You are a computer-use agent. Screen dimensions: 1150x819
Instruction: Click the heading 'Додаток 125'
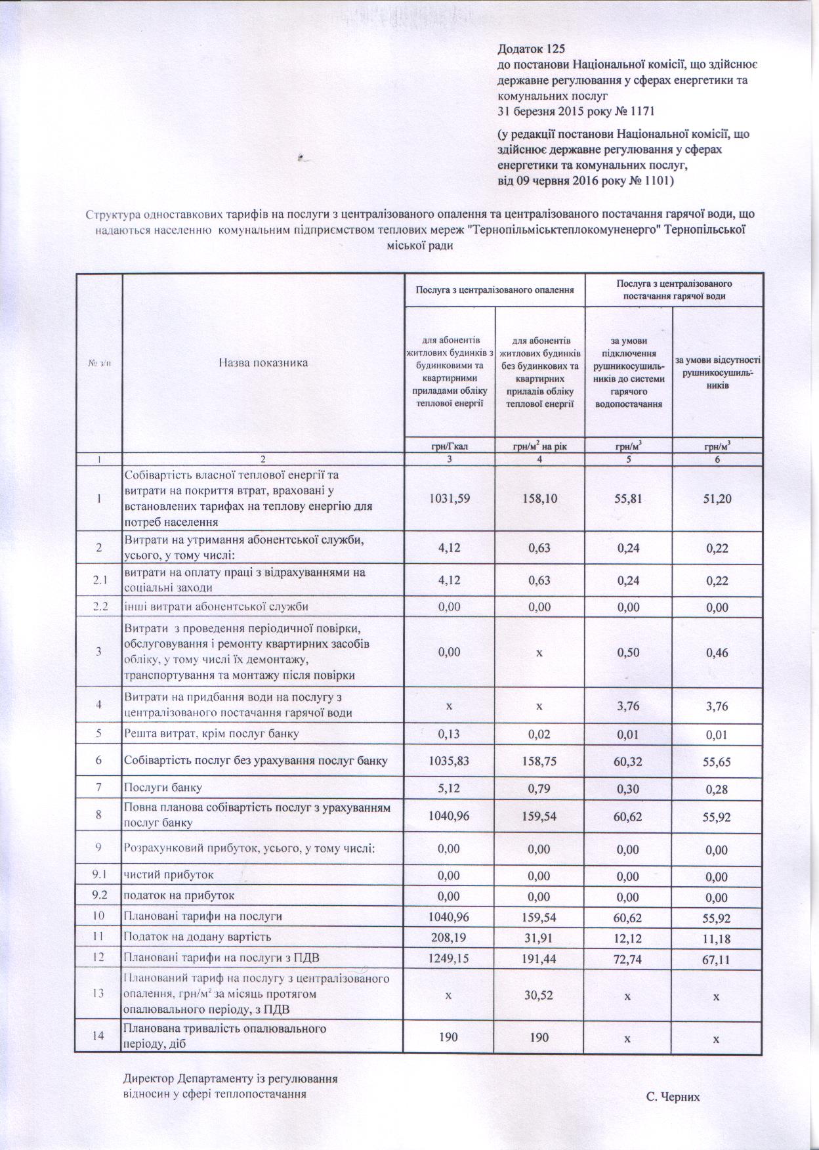point(531,49)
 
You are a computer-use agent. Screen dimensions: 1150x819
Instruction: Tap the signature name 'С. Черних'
point(673,1096)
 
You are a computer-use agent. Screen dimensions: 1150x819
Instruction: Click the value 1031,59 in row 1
point(449,499)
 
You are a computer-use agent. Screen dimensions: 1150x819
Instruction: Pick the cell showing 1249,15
point(449,958)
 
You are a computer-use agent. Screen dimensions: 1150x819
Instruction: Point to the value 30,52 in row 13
point(539,995)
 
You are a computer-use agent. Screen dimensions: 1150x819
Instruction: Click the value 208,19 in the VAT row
point(449,937)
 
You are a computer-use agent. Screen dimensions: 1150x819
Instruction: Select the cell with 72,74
point(628,958)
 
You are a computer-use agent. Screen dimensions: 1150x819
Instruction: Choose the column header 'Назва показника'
point(262,362)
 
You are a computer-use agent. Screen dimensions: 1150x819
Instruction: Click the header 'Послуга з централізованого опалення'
point(495,289)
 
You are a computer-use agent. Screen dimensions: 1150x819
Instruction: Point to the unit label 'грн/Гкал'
point(449,446)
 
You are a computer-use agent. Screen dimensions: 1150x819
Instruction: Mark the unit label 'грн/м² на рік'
point(539,446)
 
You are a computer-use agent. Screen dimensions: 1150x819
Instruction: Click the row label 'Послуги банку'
point(163,786)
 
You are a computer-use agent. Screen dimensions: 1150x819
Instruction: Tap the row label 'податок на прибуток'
point(179,895)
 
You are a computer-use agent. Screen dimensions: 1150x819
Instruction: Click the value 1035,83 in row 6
point(449,761)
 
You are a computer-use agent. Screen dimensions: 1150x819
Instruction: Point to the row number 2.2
point(99,607)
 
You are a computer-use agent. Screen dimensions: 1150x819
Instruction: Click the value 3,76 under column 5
point(628,706)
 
